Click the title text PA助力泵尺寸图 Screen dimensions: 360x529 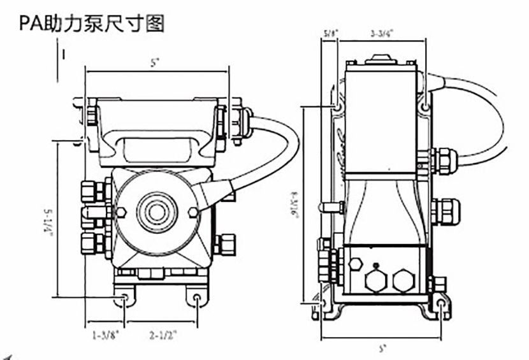[92, 23]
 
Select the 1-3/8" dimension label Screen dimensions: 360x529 [105, 334]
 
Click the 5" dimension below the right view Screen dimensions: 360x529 [382, 349]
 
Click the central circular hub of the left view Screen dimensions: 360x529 [156, 212]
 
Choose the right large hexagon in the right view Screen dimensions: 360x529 [402, 280]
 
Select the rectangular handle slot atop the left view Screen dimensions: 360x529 [156, 150]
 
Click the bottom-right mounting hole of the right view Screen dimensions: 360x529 [442, 304]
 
